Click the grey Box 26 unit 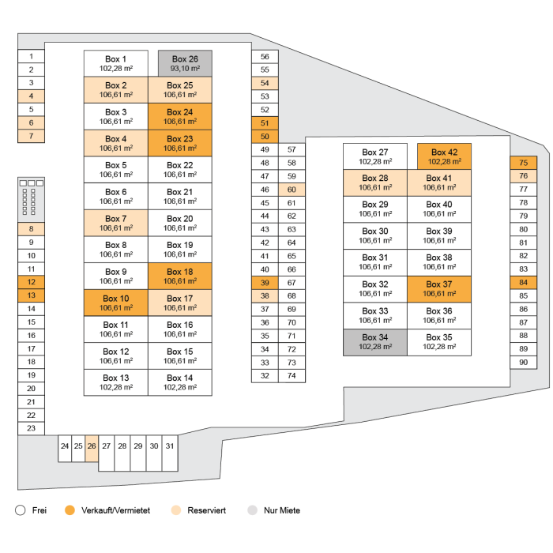click(185, 63)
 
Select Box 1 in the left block click(115, 63)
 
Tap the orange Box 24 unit click(179, 117)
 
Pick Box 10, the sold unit click(115, 303)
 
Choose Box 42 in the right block click(443, 156)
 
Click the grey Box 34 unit click(374, 343)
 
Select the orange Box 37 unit click(438, 289)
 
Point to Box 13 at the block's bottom click(115, 382)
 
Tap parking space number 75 click(523, 163)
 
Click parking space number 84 click(523, 282)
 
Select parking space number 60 click(292, 190)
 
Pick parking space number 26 click(91, 446)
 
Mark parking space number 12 click(31, 282)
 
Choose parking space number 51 click(265, 123)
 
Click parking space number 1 click(31, 56)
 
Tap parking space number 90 click(523, 362)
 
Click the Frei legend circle click(21, 510)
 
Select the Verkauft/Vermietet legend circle click(70, 510)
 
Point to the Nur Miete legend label click(282, 510)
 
